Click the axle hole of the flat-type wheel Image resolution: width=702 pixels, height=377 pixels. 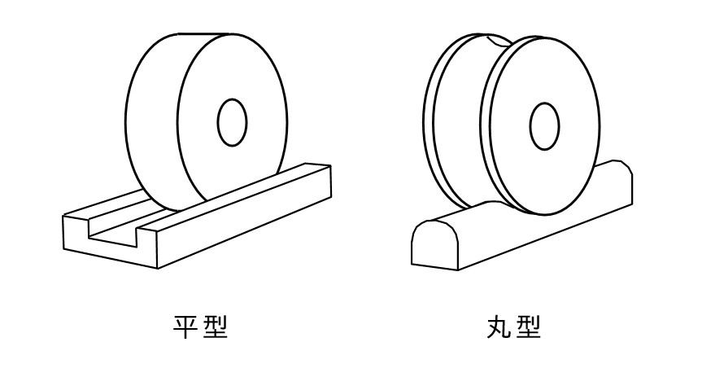click(232, 123)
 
